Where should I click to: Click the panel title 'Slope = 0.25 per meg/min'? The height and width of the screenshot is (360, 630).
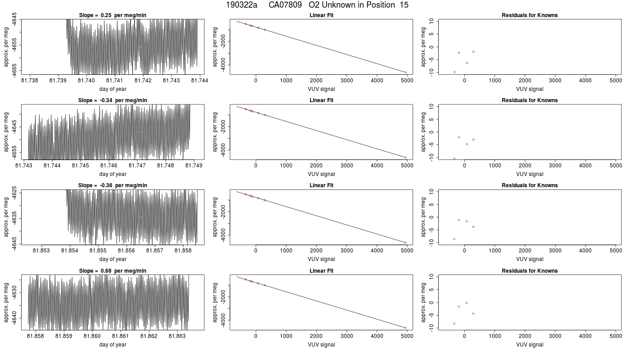pyautogui.click(x=112, y=15)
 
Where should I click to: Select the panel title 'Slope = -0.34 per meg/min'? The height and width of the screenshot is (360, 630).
pyautogui.click(x=112, y=100)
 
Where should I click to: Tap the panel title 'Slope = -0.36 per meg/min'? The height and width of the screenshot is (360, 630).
pyautogui.click(x=112, y=185)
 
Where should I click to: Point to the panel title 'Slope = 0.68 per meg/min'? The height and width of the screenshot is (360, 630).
pyautogui.click(x=112, y=271)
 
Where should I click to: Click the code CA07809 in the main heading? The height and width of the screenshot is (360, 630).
pyautogui.click(x=285, y=5)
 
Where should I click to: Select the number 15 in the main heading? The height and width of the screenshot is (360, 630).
pyautogui.click(x=404, y=5)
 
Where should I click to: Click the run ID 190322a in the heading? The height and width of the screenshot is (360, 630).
pyautogui.click(x=242, y=5)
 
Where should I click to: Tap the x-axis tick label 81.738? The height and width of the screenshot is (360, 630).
pyautogui.click(x=30, y=81)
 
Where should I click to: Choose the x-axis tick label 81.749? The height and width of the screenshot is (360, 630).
pyautogui.click(x=194, y=166)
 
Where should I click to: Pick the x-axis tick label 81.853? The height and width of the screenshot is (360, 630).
pyautogui.click(x=41, y=251)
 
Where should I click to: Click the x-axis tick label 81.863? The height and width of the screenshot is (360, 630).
pyautogui.click(x=177, y=336)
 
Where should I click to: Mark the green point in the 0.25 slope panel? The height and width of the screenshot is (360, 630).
pyautogui.click(x=141, y=47)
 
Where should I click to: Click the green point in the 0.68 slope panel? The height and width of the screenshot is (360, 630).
pyautogui.click(x=141, y=302)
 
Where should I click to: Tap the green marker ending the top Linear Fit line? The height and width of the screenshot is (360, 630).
pyautogui.click(x=406, y=72)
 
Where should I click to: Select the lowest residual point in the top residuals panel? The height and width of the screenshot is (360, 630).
pyautogui.click(x=454, y=72)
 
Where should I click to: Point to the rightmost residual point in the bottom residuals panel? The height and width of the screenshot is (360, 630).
pyautogui.click(x=473, y=314)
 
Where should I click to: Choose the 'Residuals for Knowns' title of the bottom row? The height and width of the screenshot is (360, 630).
pyautogui.click(x=530, y=271)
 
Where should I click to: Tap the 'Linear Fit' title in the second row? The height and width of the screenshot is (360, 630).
pyautogui.click(x=321, y=100)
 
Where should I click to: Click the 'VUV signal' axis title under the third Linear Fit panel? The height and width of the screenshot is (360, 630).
pyautogui.click(x=321, y=259)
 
